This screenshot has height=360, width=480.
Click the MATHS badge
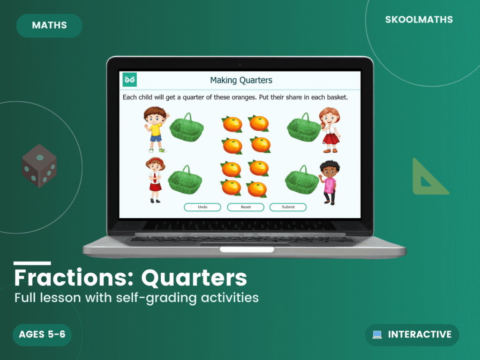coord(49,25)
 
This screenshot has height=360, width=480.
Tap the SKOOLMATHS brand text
coord(419,20)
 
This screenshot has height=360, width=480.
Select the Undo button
coord(202,207)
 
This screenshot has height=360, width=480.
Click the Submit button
coord(288,207)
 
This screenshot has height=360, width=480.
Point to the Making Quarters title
coord(241,80)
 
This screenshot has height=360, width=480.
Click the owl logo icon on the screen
coord(130,80)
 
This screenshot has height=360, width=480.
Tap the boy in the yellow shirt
coord(155,129)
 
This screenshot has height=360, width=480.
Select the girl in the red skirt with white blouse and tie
coord(155,180)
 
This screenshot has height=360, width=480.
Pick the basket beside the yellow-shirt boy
coord(186,127)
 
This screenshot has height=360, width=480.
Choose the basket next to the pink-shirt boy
coord(302,180)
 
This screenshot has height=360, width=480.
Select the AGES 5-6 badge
coord(42,335)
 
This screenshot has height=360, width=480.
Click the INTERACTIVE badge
coord(412,335)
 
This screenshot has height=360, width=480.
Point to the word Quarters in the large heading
coord(194,278)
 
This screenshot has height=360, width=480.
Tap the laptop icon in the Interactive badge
coord(377,335)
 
